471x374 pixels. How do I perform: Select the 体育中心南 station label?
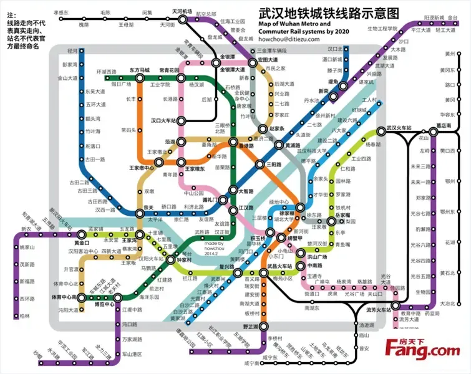[63, 297]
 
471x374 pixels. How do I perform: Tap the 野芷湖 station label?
[251, 327]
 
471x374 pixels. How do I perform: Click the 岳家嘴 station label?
[344, 214]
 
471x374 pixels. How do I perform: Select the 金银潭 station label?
[225, 55]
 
